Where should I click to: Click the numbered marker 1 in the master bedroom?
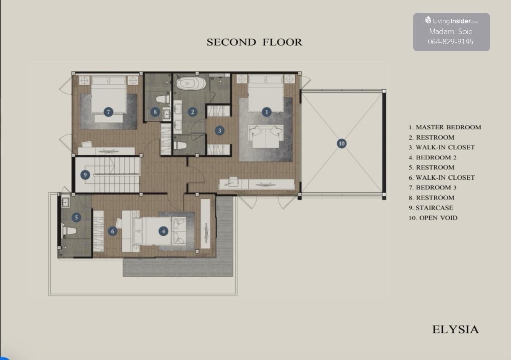click(x=267, y=112)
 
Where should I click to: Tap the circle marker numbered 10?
click(x=342, y=143)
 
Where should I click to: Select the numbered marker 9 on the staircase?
click(x=85, y=175)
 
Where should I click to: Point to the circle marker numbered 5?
click(x=76, y=217)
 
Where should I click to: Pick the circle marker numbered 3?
click(x=219, y=131)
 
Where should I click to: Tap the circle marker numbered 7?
click(x=108, y=112)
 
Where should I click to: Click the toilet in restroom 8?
click(x=163, y=100)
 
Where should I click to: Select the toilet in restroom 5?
click(x=69, y=231)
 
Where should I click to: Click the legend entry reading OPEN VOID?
click(x=433, y=218)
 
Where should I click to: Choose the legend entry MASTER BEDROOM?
click(x=445, y=127)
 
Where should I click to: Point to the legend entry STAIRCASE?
click(x=431, y=208)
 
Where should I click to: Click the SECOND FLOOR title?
click(x=254, y=42)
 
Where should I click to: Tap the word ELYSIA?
click(x=456, y=329)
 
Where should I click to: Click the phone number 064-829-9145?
click(x=451, y=42)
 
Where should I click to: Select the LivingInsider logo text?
click(x=451, y=21)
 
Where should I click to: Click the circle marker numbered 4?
click(x=164, y=231)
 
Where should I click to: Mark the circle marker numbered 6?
click(x=112, y=231)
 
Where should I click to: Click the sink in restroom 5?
click(x=65, y=202)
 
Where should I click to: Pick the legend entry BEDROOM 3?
click(x=433, y=188)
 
